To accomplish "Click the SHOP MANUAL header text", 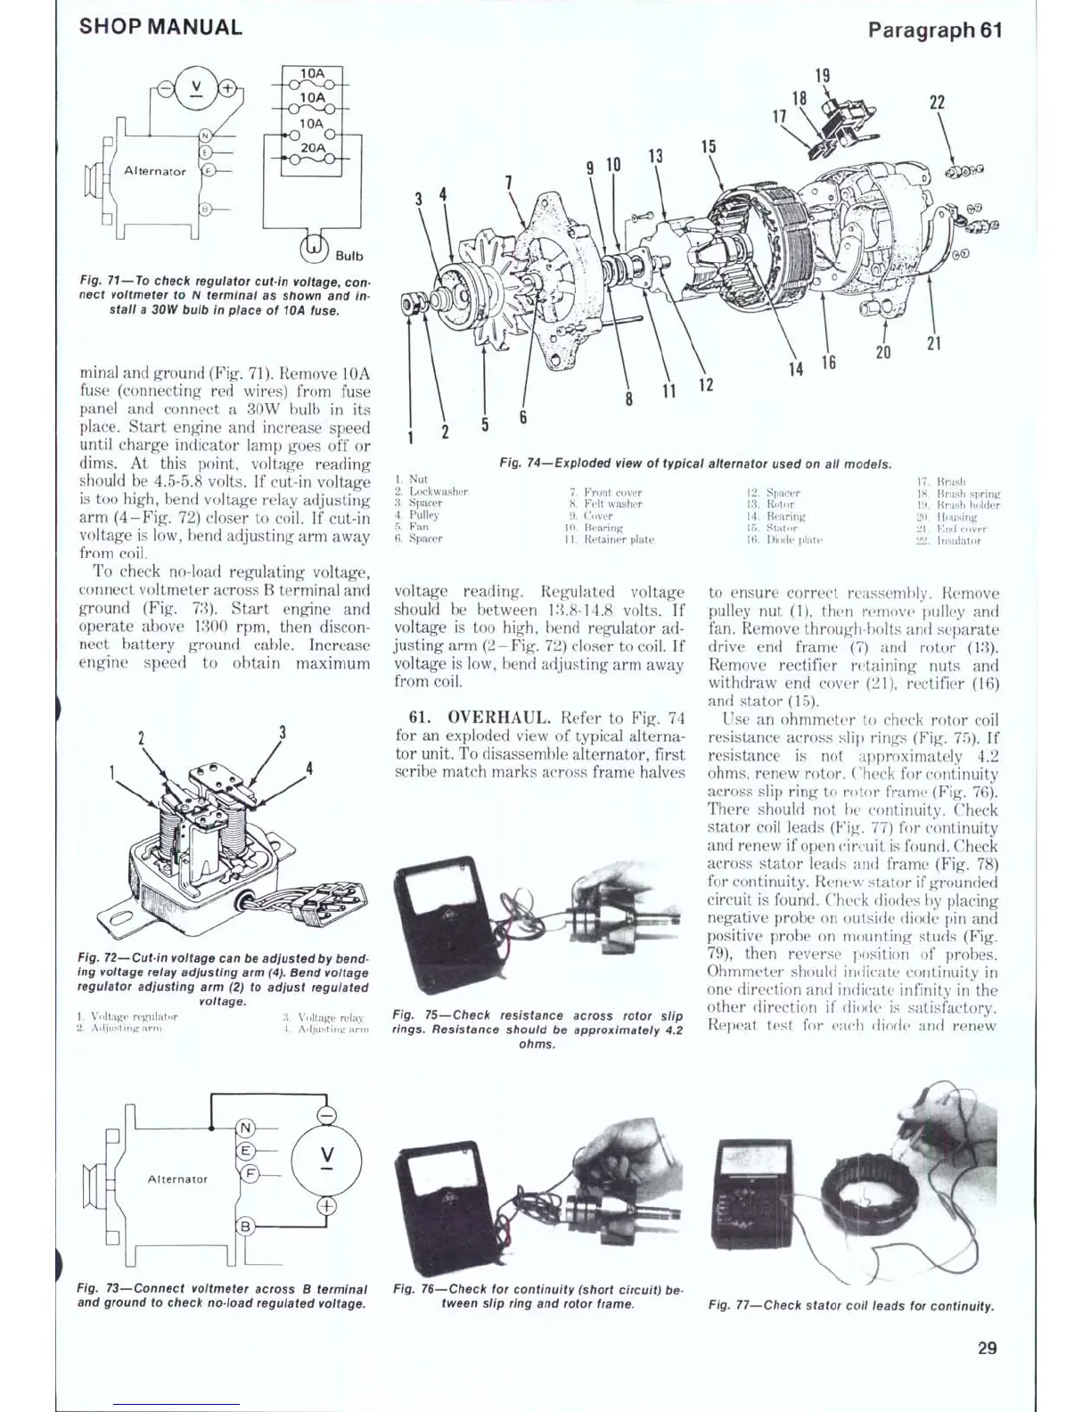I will coord(160,27).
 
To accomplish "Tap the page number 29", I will coord(987,1348).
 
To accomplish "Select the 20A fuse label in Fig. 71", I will coord(313,147).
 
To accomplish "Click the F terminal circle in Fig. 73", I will coord(251,1173).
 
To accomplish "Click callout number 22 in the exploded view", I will coord(937,103).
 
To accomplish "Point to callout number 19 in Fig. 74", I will coord(823,76).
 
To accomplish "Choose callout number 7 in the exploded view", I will coord(509,183).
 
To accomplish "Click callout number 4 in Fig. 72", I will coord(309,768).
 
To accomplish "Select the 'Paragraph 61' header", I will coord(935,29).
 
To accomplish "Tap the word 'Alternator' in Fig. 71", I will coord(155,171).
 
